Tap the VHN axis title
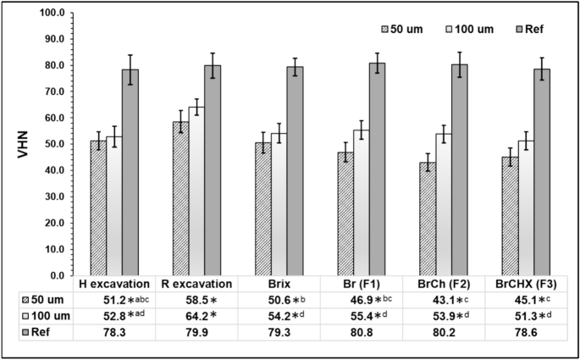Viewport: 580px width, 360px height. coord(16,144)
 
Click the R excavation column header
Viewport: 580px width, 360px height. coord(197,284)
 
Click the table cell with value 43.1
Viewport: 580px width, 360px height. coord(434,299)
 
